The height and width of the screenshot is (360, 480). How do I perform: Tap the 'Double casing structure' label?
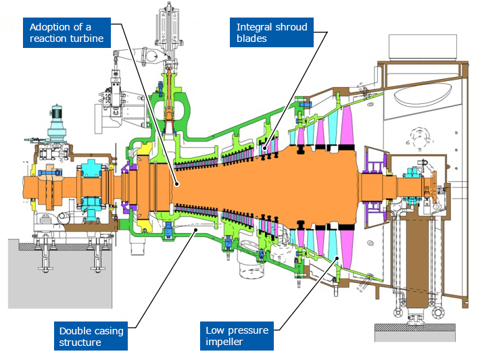click(91, 336)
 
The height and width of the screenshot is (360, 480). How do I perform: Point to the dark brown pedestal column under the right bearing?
click(410, 263)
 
